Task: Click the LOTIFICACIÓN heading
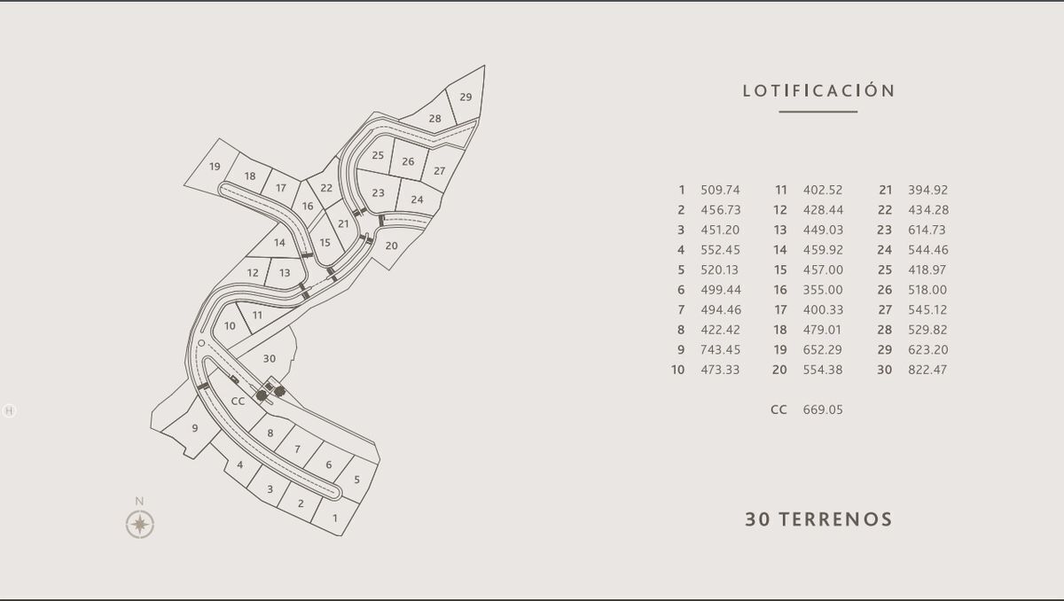pos(818,90)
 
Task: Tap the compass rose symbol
pos(140,525)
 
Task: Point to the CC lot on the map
pos(238,402)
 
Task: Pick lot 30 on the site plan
pos(270,358)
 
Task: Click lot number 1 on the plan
pos(335,518)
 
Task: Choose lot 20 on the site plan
pos(391,246)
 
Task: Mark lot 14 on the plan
pos(279,243)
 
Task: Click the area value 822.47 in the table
pos(927,370)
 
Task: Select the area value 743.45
pos(720,349)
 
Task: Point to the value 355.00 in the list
pos(823,290)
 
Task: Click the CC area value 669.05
pos(823,410)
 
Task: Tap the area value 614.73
pos(927,230)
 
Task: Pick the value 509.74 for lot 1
pos(720,190)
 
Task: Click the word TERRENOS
pos(835,519)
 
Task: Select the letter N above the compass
pos(139,502)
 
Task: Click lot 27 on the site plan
pos(440,171)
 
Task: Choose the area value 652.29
pos(822,349)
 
